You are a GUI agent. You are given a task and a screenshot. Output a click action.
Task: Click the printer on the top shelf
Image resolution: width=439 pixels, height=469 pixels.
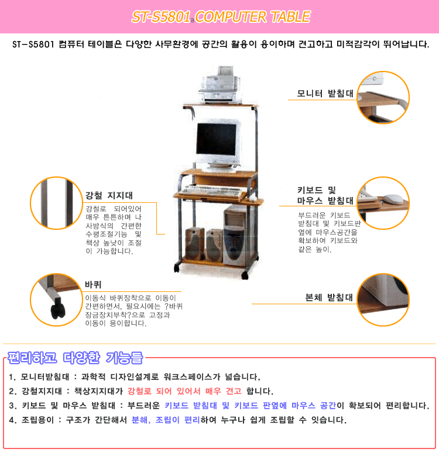220,85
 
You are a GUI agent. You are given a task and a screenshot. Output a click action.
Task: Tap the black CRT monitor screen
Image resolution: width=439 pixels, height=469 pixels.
217,139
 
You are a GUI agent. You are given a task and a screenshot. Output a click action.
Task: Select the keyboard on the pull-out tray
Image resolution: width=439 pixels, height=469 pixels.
212,191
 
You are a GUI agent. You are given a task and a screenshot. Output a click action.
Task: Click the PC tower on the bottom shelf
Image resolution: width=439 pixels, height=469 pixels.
235,236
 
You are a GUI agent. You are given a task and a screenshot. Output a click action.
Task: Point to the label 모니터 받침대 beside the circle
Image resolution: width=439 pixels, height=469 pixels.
325,93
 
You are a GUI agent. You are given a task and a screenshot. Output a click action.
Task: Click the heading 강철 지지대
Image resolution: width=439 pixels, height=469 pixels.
109,195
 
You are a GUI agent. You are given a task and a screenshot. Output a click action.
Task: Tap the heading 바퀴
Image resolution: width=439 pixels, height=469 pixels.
93,284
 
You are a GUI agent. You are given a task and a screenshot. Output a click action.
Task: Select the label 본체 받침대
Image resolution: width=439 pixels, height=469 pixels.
329,297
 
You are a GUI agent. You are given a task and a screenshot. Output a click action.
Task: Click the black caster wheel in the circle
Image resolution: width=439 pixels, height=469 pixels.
57,311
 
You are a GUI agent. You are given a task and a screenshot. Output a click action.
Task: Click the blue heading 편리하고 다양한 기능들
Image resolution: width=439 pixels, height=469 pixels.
75,358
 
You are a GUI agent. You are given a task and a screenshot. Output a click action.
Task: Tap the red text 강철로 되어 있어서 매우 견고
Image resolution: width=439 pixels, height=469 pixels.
184,391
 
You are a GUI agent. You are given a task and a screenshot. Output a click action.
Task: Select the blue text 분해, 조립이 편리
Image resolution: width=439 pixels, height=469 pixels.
166,420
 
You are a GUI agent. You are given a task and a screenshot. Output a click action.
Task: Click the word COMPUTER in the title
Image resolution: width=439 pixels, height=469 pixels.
230,17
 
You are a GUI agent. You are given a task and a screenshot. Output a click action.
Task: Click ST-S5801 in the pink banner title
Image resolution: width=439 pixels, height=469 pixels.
161,17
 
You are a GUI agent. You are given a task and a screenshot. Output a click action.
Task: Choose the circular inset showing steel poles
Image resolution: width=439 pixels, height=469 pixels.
56,203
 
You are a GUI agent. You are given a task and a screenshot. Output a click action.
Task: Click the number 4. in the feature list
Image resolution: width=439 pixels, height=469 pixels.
12,420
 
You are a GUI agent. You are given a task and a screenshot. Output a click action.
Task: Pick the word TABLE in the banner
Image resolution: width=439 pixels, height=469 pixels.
290,17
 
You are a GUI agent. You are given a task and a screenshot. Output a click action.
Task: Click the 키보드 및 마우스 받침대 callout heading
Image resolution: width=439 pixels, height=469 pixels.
325,195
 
